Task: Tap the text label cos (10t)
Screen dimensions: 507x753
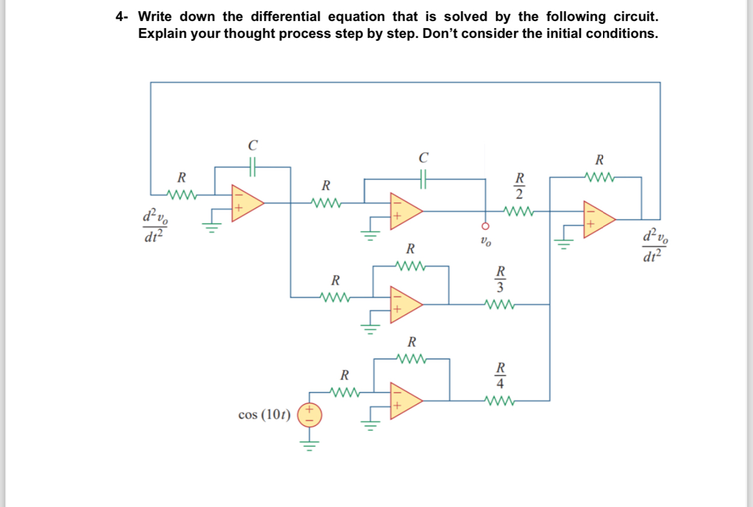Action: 264,415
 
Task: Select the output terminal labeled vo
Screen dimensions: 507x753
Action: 484,226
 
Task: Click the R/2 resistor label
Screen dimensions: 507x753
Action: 519,185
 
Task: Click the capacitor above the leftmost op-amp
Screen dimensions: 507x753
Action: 253,167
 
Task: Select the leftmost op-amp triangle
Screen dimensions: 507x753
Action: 246,203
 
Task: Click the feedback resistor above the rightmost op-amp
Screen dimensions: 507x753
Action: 599,177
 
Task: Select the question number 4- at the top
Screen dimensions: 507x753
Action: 121,16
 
